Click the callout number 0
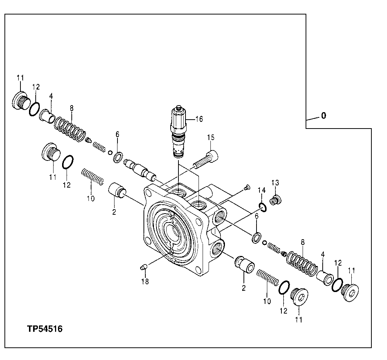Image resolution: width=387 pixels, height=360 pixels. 323,116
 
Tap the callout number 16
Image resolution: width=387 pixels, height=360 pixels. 199,119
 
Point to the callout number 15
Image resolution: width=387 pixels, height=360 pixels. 211,138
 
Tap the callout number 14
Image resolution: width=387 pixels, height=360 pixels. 262,190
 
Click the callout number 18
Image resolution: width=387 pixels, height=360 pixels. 145,282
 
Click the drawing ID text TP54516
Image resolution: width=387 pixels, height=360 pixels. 44,329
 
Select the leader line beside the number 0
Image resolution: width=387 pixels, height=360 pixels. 312,119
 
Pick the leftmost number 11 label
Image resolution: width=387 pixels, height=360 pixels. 20,78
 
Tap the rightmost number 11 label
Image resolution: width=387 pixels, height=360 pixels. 351,270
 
